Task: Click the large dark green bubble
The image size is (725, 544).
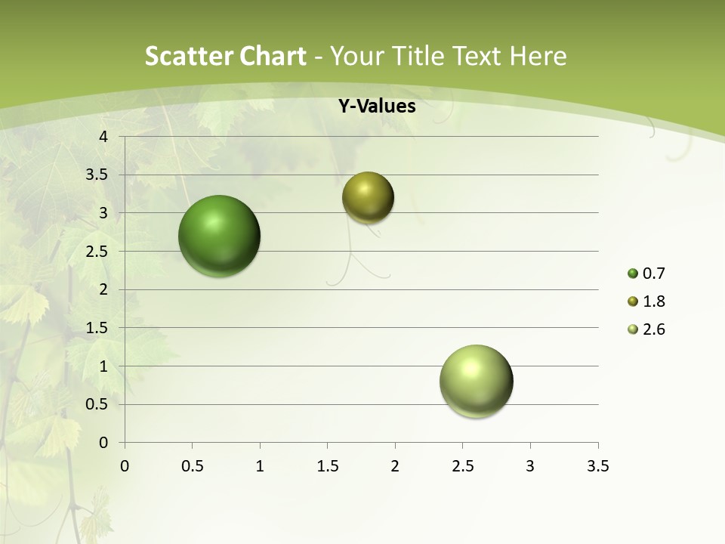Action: [x=220, y=236]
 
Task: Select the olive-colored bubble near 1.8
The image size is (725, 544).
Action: [x=368, y=197]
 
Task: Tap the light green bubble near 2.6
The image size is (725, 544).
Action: [x=476, y=381]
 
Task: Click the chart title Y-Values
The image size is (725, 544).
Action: [x=376, y=107]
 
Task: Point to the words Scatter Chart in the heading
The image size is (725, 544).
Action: [x=225, y=56]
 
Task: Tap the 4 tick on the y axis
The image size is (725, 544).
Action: [x=103, y=137]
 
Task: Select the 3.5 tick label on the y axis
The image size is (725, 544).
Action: [x=97, y=175]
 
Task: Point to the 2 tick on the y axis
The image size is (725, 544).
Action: [x=103, y=289]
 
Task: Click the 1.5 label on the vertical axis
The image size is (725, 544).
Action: [x=97, y=328]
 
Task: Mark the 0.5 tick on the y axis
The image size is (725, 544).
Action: [x=97, y=404]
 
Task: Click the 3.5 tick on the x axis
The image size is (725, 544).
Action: [x=597, y=466]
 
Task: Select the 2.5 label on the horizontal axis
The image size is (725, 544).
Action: [x=462, y=466]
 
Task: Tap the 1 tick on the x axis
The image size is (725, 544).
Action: [x=260, y=466]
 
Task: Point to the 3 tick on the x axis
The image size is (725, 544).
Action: [x=530, y=466]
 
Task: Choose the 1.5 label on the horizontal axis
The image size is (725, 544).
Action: [x=327, y=466]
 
